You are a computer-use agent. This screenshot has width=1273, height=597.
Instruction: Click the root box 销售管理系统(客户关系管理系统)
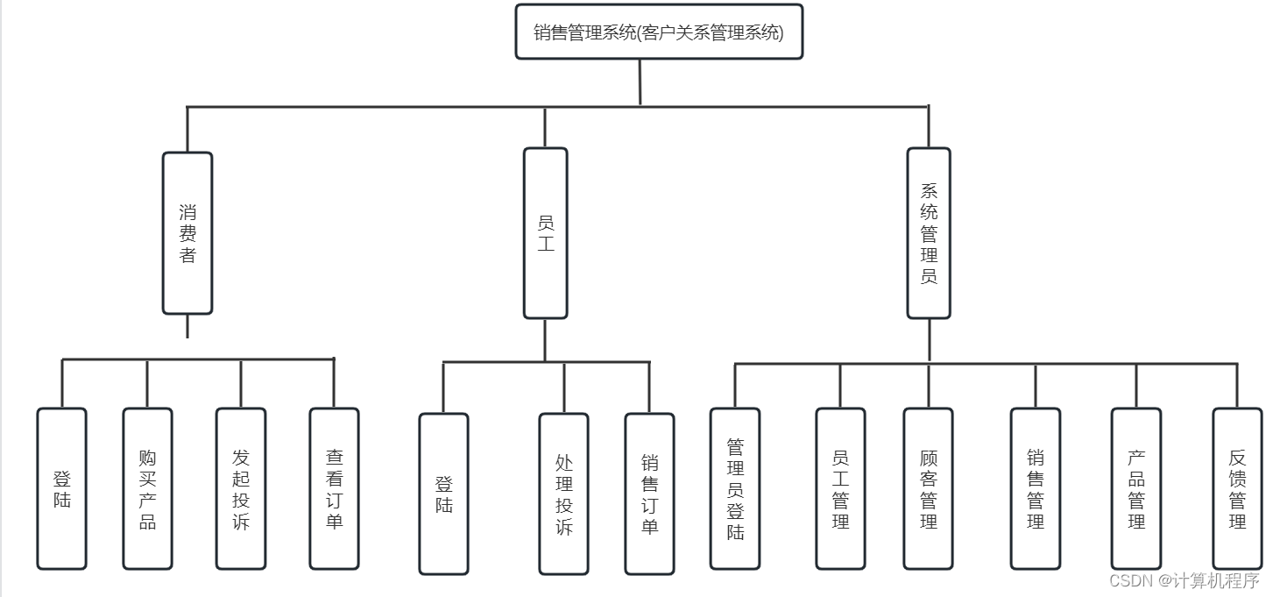[659, 32]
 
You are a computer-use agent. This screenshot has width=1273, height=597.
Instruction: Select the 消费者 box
[187, 233]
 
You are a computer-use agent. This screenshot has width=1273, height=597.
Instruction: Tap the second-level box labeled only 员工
[545, 233]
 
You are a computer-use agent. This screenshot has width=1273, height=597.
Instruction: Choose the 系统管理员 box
[929, 233]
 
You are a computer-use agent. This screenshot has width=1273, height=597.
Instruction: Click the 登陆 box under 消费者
[62, 488]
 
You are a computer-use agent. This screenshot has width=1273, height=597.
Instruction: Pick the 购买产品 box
[147, 488]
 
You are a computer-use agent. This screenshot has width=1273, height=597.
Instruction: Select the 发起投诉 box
[241, 488]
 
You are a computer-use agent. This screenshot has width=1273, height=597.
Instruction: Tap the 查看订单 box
[334, 488]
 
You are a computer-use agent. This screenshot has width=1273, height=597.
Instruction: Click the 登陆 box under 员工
[443, 494]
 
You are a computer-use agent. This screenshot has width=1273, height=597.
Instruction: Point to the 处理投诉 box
[563, 494]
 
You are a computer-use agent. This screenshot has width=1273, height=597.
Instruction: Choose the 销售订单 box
[649, 494]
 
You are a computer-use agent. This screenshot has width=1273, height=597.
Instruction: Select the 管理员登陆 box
[735, 488]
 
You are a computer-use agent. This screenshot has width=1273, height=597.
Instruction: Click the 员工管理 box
[840, 488]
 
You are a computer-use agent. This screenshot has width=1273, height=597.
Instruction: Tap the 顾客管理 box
[929, 488]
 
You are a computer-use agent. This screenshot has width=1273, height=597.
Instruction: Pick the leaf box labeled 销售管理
[1035, 488]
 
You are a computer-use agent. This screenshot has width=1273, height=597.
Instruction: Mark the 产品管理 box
[1136, 488]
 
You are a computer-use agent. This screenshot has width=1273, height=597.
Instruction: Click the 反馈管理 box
[1237, 488]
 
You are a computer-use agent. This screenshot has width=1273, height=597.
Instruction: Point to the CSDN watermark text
[1184, 580]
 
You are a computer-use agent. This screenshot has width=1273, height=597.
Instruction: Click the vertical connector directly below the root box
[640, 82]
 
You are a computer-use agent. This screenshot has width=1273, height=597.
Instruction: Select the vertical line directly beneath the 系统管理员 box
[929, 340]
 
